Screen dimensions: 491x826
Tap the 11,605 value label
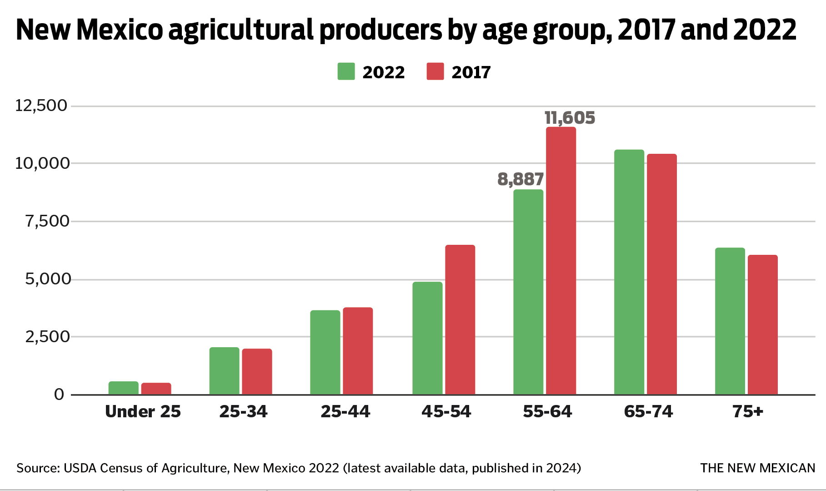coord(570,118)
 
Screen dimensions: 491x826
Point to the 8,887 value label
coord(521,179)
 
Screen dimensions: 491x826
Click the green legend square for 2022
coord(346,71)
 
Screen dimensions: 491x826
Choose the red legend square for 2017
coord(435,71)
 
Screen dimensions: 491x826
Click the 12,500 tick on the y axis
coord(41,106)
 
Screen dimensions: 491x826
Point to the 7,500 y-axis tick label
coord(47,221)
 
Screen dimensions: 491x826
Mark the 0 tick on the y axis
coord(59,394)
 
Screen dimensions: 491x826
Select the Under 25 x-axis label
coord(143,411)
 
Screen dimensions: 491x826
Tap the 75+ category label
coord(747,411)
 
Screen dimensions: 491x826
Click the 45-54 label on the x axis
coord(446,411)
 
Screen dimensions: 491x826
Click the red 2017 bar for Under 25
coord(156,389)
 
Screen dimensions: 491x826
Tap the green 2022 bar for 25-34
coord(224,371)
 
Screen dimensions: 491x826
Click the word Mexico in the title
coord(119,30)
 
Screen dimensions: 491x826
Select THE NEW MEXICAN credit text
coord(757,468)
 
